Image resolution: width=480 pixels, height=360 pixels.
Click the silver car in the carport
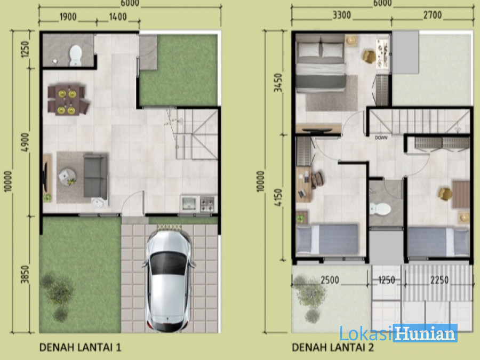[x=168, y=281]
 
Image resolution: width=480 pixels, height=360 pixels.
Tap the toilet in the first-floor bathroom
[x=75, y=55]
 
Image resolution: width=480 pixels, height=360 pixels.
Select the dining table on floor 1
[x=67, y=100]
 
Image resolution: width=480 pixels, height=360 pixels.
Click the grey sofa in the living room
[x=95, y=176]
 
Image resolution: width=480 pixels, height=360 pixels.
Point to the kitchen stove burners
[x=207, y=204]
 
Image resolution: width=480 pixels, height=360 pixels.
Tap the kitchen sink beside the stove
[x=189, y=204]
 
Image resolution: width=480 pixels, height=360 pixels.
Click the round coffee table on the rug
[x=67, y=177]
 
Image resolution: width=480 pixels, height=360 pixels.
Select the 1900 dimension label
[x=68, y=17]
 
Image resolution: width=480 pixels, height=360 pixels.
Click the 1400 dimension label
[x=118, y=17]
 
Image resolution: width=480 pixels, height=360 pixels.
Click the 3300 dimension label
[x=342, y=15]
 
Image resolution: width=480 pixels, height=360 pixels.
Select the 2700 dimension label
[x=433, y=15]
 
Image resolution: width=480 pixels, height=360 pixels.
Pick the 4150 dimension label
[x=278, y=197]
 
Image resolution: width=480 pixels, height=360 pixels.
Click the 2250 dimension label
[x=439, y=280]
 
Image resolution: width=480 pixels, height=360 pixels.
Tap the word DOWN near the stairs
[x=381, y=138]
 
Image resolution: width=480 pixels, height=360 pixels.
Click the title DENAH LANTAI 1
[x=80, y=347]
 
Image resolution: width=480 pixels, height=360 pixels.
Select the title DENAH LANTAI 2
[x=333, y=347]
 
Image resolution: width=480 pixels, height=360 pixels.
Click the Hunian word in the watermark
[x=425, y=333]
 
